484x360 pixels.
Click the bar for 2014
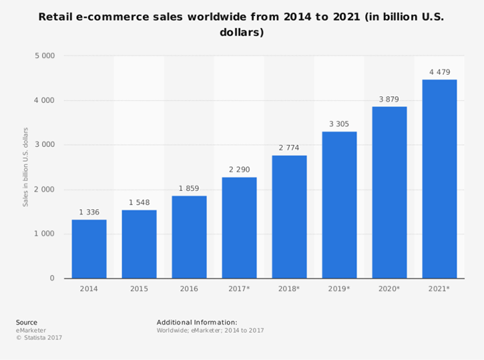[x=89, y=249]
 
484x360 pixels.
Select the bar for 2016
[x=189, y=237]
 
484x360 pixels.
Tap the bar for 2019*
[x=339, y=205]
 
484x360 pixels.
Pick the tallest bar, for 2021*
[x=439, y=179]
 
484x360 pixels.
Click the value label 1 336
[x=89, y=212]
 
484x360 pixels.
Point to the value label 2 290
[x=239, y=170]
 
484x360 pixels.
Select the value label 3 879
[x=389, y=99]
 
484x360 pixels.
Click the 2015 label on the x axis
[x=139, y=289]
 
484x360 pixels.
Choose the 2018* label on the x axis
[x=289, y=289]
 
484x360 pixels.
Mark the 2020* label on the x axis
[x=389, y=289]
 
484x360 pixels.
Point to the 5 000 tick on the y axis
[x=44, y=56]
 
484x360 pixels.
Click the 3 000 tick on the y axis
[x=44, y=145]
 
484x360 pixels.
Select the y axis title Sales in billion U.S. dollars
[x=26, y=167]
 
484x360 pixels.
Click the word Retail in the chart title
[x=54, y=17]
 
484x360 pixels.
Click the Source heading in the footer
[x=26, y=322]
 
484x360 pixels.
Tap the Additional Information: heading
[x=197, y=322]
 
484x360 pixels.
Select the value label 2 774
[x=289, y=148]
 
